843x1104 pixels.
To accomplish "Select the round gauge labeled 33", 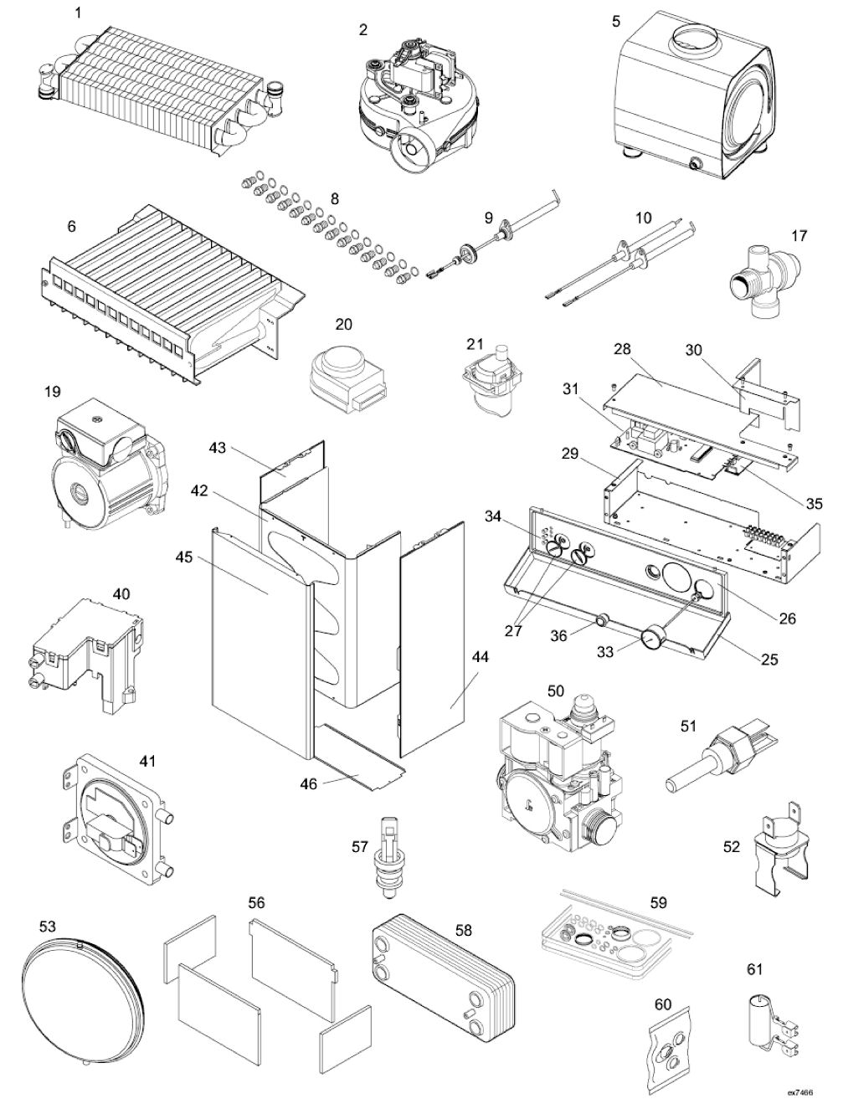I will pos(651,639).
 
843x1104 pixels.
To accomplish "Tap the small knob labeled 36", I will pos(601,621).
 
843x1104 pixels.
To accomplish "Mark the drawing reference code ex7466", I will pos(799,1092).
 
